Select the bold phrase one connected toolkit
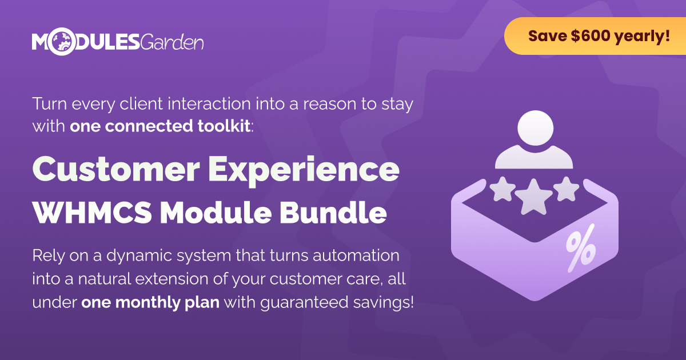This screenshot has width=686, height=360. (x=160, y=126)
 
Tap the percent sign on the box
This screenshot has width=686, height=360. (x=581, y=249)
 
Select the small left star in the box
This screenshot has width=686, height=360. (x=502, y=189)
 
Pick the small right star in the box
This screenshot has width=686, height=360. (x=567, y=189)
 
